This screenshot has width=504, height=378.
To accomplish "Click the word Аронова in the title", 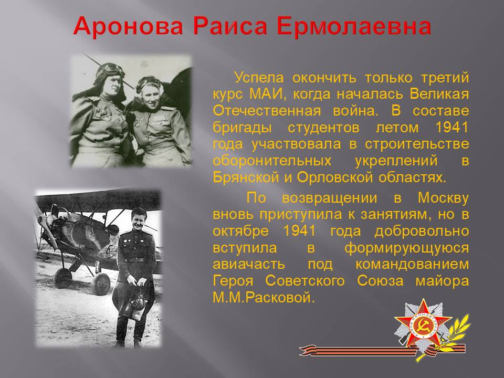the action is pos(128,26).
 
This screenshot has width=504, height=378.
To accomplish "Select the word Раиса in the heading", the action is pos(230,26).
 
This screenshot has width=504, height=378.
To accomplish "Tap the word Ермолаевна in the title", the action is pos(353,26).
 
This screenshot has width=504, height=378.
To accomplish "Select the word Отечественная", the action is pos(267,111).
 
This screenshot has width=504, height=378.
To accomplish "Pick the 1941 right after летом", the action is pos(452,127).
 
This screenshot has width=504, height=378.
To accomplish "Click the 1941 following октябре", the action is pos(299,231).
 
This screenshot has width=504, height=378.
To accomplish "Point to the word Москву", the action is pos(443,198).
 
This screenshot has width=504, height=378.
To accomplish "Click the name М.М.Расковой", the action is pos(263,298).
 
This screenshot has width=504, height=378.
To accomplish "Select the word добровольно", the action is pos(422,232).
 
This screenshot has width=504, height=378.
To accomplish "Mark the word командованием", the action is pos(412,264).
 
